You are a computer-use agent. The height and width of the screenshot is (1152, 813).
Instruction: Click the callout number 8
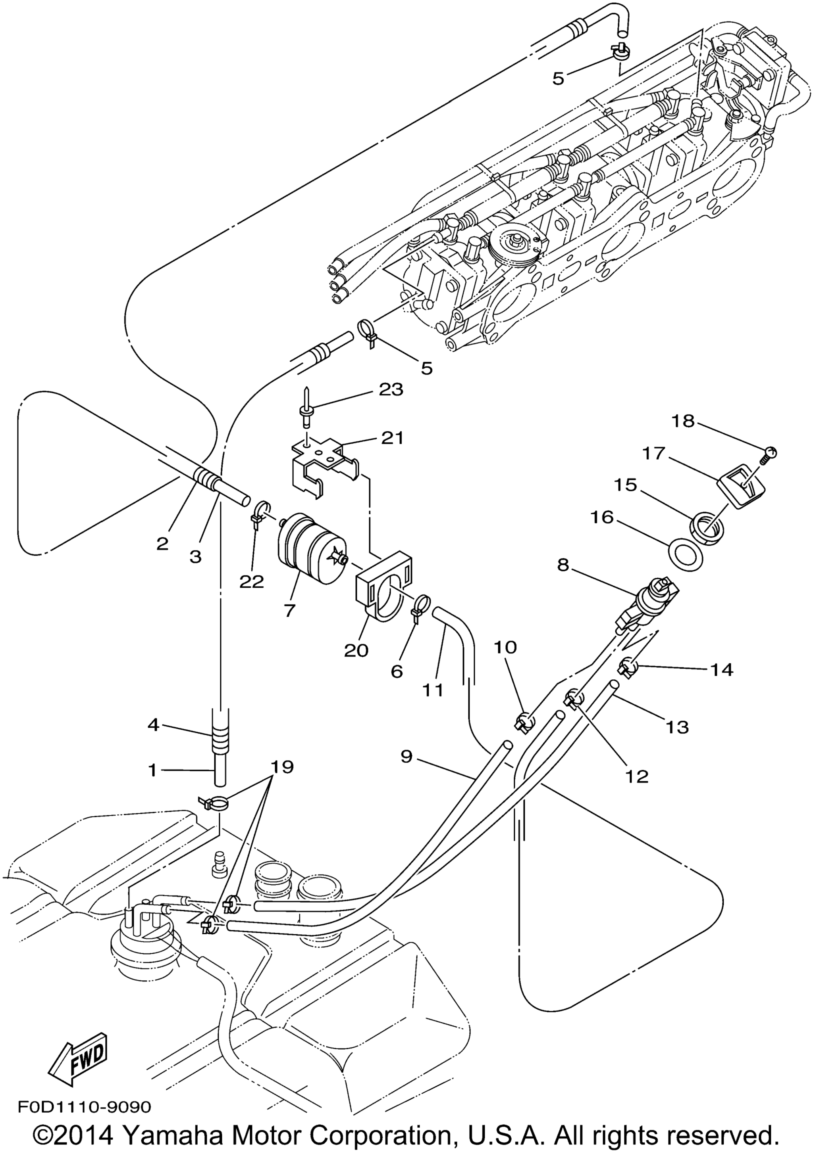click(x=563, y=565)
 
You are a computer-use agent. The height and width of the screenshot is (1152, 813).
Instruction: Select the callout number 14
click(x=721, y=669)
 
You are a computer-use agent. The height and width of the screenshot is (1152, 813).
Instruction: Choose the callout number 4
click(x=153, y=725)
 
